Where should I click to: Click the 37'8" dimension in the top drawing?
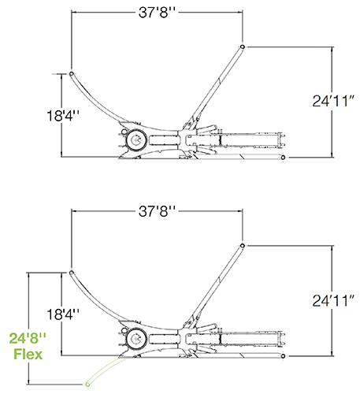tap(157, 12)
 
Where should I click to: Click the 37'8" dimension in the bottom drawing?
tap(157, 211)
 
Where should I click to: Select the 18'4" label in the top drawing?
tap(63, 116)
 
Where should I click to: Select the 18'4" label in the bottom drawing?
tap(63, 314)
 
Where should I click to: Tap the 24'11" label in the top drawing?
tap(334, 101)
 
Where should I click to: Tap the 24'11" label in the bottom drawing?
tap(334, 301)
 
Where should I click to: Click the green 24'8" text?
tap(28, 338)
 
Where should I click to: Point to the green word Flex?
tap(28, 354)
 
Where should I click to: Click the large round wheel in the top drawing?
tap(136, 140)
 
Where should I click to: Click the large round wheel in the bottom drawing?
tap(136, 339)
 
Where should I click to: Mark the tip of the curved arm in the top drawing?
tap(71, 73)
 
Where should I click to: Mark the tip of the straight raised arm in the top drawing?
tap(243, 46)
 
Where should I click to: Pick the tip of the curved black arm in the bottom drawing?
tap(71, 273)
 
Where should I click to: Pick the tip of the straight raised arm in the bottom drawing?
tap(243, 246)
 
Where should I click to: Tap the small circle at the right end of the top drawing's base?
tap(283, 158)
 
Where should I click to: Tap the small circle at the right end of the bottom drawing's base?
tap(283, 356)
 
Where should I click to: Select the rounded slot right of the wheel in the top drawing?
tap(163, 139)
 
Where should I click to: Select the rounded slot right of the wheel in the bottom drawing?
tap(163, 338)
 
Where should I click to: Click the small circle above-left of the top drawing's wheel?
tap(124, 132)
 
